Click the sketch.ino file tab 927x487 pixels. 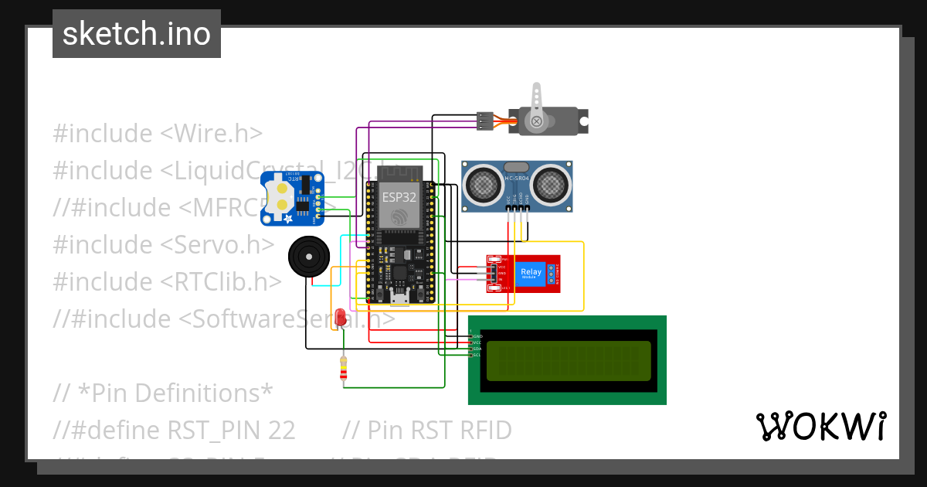click(x=136, y=34)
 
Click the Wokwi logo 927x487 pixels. click(x=820, y=426)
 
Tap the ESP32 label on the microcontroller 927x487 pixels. click(x=399, y=197)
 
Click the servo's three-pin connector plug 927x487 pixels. click(x=484, y=121)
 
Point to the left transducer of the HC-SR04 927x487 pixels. click(x=483, y=183)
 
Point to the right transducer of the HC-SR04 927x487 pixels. click(x=551, y=183)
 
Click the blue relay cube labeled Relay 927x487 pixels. click(x=531, y=274)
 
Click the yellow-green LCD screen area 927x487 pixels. click(x=567, y=361)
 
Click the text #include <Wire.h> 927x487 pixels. click(x=158, y=133)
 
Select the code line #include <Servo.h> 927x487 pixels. click(x=163, y=244)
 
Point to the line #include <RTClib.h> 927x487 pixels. click(x=167, y=281)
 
